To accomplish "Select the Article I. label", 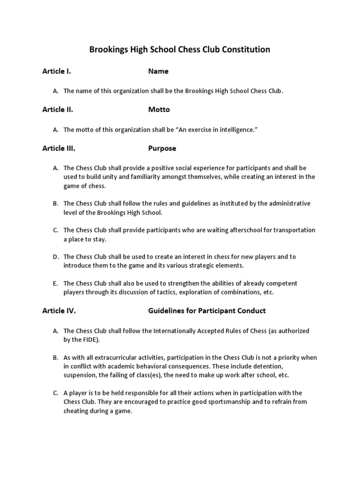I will point(56,71).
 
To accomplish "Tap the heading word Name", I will point(158,71).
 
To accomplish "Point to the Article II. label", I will point(57,110).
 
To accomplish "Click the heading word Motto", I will point(159,110).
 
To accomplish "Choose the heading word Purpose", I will point(162,148).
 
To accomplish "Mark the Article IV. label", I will point(59,310).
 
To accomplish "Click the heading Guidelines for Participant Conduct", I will point(207,310).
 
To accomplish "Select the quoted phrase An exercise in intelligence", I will point(220,129).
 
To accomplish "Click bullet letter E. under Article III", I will point(56,284).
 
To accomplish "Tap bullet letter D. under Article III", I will point(56,257).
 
